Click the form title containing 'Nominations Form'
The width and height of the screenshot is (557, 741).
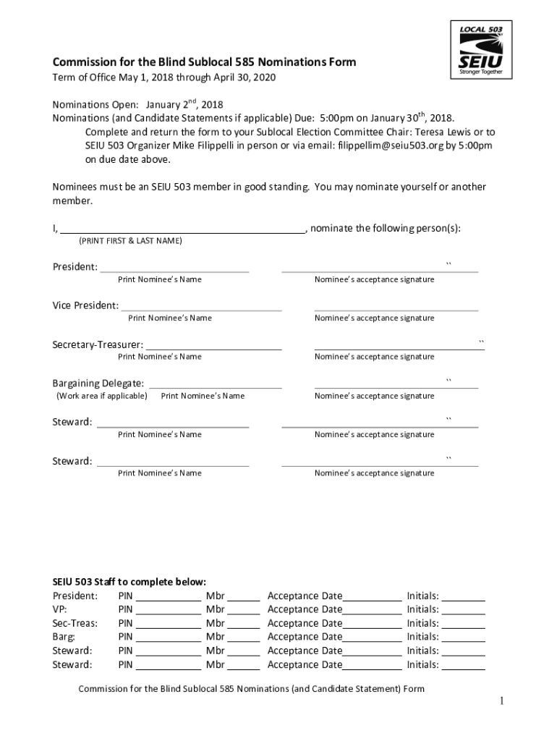[204, 62]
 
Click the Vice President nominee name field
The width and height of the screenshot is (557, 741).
[200, 307]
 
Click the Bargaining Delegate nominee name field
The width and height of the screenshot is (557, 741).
[215, 384]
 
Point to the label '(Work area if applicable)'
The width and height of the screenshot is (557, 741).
[102, 396]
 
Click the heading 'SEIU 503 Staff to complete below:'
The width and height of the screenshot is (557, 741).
[129, 582]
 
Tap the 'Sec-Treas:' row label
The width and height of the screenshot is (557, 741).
[75, 623]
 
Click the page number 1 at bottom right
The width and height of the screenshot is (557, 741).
[500, 701]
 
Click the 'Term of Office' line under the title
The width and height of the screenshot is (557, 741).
[164, 77]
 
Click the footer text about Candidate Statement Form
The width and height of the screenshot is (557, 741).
[251, 689]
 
